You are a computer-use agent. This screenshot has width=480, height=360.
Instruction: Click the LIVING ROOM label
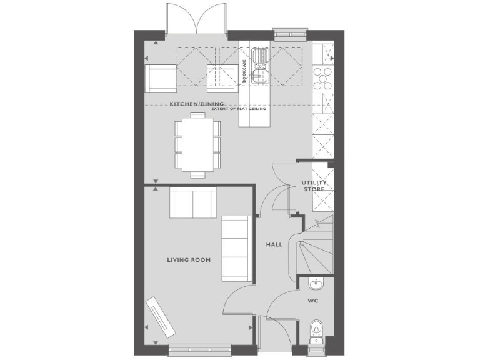coord(189,259)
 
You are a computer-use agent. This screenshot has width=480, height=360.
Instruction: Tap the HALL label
coord(274,244)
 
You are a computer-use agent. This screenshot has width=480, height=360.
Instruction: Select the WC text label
coord(313,301)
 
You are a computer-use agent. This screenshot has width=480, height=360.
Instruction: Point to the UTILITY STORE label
coord(314,186)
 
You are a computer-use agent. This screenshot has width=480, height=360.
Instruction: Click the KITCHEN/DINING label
coord(191,104)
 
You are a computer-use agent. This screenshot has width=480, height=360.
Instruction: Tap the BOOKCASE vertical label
coord(244,72)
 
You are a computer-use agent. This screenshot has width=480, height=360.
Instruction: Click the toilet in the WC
coord(316,329)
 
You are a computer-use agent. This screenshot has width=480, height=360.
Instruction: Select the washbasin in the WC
coord(316,284)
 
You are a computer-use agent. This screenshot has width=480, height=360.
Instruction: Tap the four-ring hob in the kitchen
coord(322,78)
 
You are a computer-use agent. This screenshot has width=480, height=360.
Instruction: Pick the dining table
coord(197,144)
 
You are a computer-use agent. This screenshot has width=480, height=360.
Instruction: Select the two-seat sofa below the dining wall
coord(192,202)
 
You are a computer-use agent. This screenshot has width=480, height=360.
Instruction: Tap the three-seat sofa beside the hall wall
coord(236,248)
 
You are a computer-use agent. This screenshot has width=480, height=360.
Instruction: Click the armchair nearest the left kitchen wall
coord(159,77)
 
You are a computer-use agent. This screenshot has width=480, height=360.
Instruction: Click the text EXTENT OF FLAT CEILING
coord(239,109)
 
